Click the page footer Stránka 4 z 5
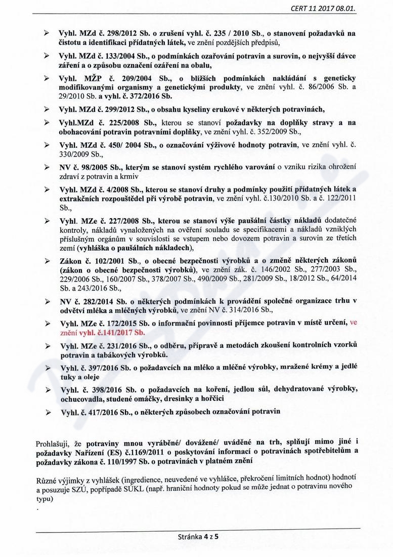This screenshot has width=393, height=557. (197, 538)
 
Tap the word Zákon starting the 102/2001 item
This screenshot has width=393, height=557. (72, 260)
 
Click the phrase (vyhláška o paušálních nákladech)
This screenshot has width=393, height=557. (136, 248)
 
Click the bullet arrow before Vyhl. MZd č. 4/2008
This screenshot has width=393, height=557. (48, 189)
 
